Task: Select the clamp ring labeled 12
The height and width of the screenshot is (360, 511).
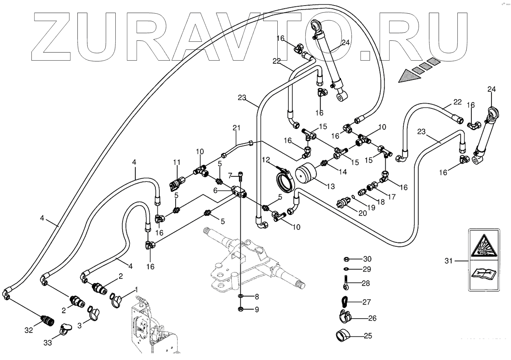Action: click(x=287, y=182)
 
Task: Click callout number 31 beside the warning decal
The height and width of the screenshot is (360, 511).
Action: click(x=449, y=261)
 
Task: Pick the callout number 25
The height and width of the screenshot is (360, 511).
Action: click(x=368, y=336)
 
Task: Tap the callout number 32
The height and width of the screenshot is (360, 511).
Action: click(x=28, y=330)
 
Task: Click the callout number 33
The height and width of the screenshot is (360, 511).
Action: click(x=48, y=343)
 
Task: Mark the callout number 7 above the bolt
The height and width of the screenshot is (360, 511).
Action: click(x=230, y=175)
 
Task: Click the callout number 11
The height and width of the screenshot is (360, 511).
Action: click(x=176, y=162)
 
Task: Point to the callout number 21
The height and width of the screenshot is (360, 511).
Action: click(x=236, y=128)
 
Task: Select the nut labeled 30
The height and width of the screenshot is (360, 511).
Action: click(x=346, y=259)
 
